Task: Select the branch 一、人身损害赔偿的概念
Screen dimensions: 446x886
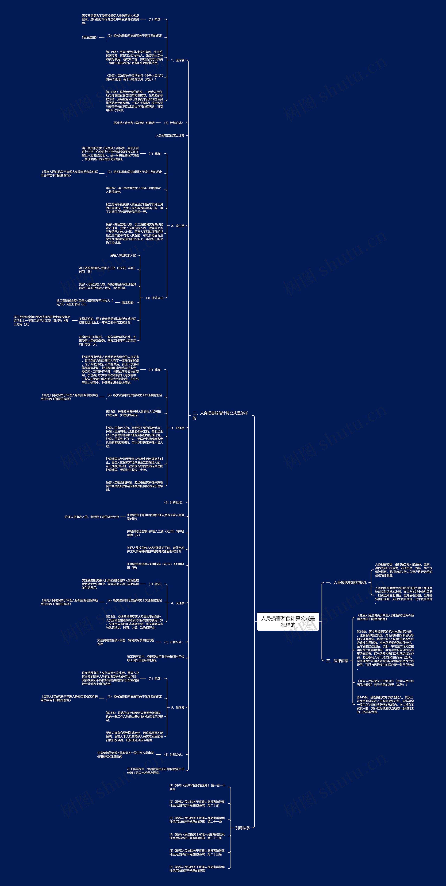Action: click(347, 582)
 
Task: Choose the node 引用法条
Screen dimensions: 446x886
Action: click(243, 828)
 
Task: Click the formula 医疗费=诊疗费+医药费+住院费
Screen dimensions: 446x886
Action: click(134, 123)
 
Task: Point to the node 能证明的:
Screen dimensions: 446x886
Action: click(128, 302)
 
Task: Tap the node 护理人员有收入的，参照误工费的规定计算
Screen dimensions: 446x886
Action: click(92, 517)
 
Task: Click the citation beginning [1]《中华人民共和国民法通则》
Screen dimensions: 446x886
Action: click(197, 787)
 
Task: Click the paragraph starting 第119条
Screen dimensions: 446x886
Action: click(134, 57)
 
